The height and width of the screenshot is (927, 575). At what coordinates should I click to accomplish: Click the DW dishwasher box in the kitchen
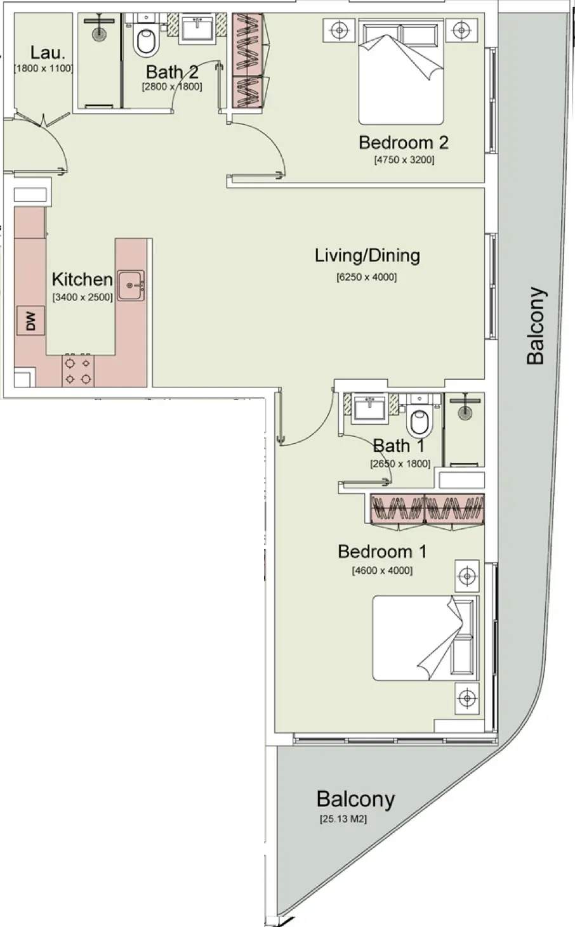point(30,321)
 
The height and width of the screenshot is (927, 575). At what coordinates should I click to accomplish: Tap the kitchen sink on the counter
point(131,285)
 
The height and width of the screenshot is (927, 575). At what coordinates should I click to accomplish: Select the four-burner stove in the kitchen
point(78,371)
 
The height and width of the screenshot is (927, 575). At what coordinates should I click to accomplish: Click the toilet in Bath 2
point(146,36)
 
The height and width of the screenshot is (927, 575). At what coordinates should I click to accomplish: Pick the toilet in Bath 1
point(420,416)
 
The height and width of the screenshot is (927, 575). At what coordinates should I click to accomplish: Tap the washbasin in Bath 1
point(370,408)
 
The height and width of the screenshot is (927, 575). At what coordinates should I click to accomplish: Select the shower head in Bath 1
point(465,406)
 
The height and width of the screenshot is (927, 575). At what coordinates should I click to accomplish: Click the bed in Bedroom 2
point(401,72)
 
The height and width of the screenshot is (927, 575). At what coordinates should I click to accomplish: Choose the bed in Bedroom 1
point(425,638)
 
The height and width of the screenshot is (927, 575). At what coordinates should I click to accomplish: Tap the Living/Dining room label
point(367,256)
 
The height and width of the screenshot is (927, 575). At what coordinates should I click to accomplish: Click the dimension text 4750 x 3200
point(404,160)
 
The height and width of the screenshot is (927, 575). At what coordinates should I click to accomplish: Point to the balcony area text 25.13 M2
point(343,819)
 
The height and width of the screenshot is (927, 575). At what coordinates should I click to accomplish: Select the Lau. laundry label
point(48,53)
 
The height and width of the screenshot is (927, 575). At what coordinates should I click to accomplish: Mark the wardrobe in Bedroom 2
point(248,61)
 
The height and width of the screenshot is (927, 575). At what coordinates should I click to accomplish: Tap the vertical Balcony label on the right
point(536,326)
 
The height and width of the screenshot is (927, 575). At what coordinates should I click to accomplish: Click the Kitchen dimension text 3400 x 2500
point(83,297)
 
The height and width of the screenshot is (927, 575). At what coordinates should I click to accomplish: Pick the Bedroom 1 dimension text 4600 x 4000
point(382,571)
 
